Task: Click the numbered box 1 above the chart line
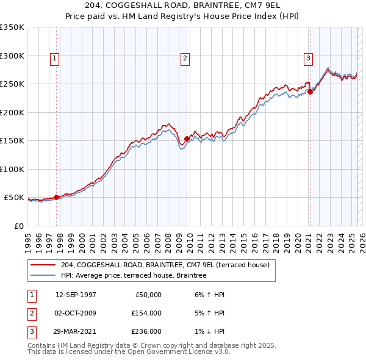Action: click(x=55, y=59)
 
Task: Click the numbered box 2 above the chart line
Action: click(x=184, y=59)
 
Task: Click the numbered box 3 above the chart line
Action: click(x=309, y=59)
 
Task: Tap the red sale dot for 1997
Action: click(x=57, y=197)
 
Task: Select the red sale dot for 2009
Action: click(x=187, y=139)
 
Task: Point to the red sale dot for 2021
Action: click(x=310, y=92)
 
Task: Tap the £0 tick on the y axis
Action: click(x=18, y=226)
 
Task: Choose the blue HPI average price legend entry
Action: click(x=134, y=275)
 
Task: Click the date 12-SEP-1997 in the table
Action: click(x=76, y=294)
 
